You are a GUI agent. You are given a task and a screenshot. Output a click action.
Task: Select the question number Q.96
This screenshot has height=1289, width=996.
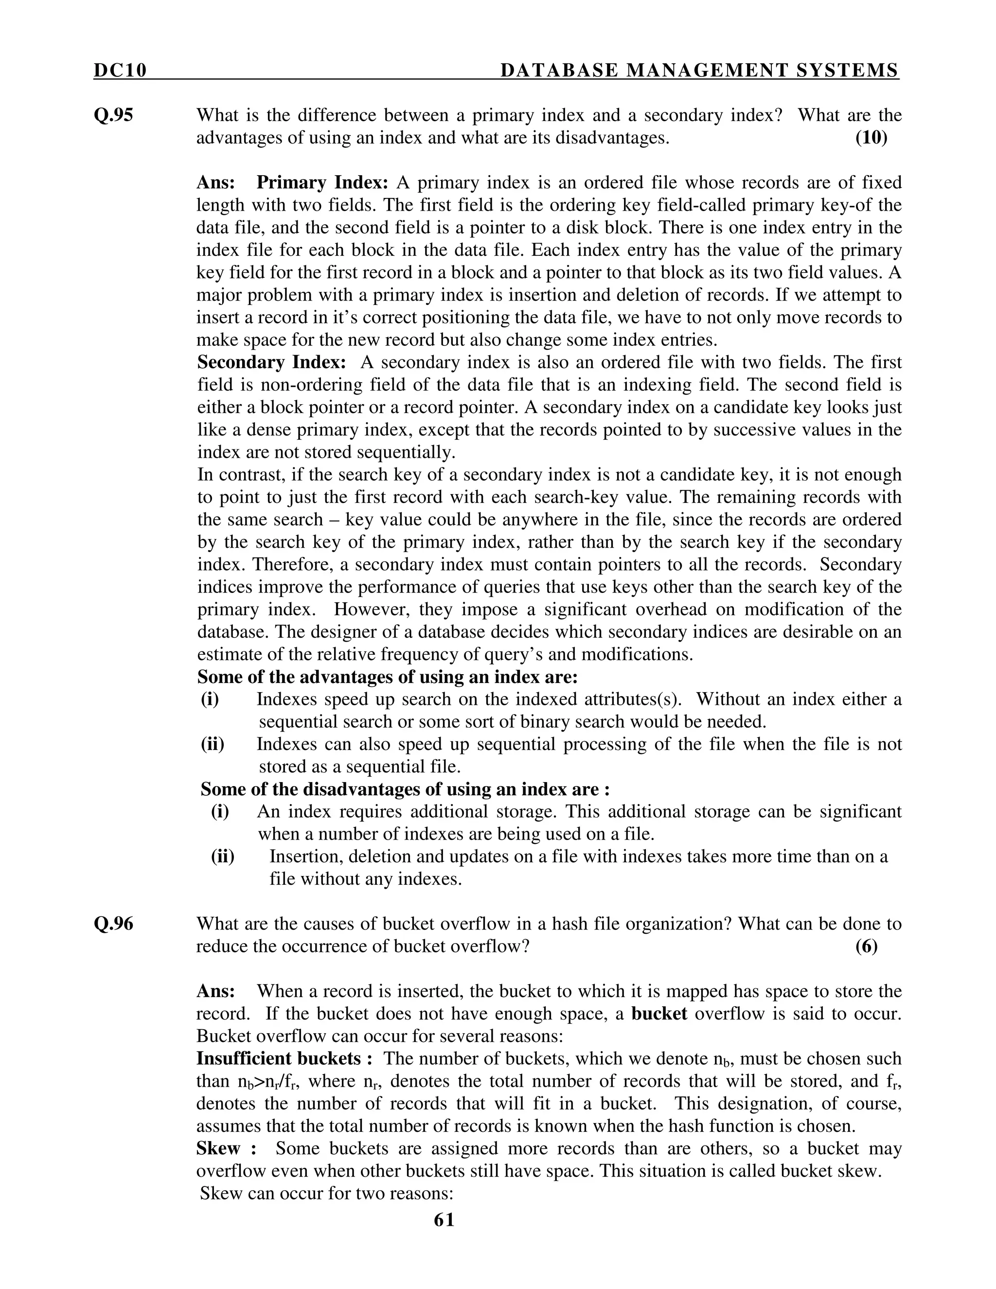coord(113,924)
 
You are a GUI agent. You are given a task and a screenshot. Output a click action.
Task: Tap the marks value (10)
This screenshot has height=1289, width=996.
coord(871,138)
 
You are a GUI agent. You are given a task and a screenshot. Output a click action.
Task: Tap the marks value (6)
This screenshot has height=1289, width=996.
coord(866,946)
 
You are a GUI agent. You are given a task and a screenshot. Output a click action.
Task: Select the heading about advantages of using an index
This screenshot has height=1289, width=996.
coord(387,677)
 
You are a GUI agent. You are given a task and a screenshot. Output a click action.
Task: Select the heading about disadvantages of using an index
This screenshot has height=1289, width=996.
coord(405,789)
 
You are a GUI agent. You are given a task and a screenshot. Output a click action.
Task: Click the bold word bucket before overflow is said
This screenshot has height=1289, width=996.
coord(658,1013)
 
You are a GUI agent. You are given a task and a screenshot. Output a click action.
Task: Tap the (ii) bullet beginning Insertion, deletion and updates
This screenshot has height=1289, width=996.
coord(222,857)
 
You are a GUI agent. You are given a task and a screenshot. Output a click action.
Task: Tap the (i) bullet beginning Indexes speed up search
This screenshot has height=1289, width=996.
coord(210,699)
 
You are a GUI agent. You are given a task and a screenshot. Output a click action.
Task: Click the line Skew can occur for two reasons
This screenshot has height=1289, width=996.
coord(326,1193)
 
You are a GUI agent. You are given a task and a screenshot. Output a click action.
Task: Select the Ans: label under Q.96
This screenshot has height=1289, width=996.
coord(215,991)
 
